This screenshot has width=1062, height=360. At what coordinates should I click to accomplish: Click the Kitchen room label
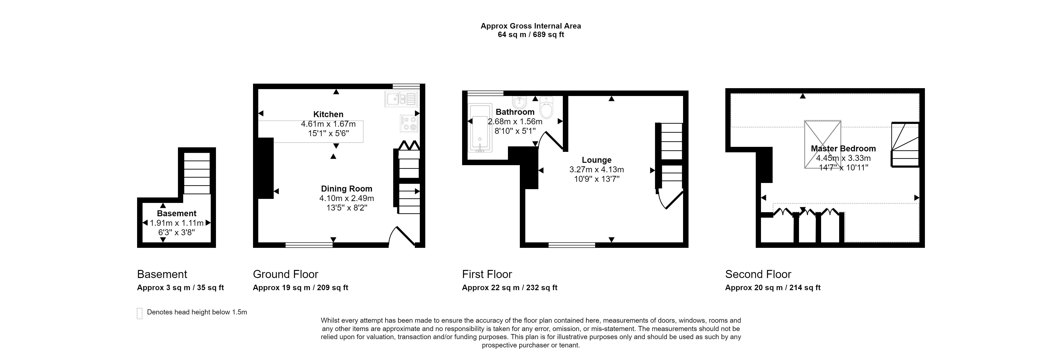coord(328,114)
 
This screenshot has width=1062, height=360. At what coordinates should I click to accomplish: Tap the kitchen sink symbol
coord(401,99)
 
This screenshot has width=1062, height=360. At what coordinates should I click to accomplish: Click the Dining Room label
coord(346,188)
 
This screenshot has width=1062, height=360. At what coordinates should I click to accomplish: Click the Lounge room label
coord(597,160)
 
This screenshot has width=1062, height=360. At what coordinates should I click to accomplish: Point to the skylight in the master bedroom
coord(823,144)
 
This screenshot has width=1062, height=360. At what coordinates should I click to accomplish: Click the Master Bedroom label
coord(843,149)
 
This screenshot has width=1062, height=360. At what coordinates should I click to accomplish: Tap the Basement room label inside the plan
coord(177,213)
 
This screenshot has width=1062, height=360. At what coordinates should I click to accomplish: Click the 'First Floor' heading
coord(487,274)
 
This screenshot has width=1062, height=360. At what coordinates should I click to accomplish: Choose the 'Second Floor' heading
coord(758,274)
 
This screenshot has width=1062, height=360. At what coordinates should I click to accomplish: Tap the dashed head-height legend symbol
coord(139,313)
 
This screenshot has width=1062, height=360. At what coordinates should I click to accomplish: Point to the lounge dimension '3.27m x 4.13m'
coord(597,169)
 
